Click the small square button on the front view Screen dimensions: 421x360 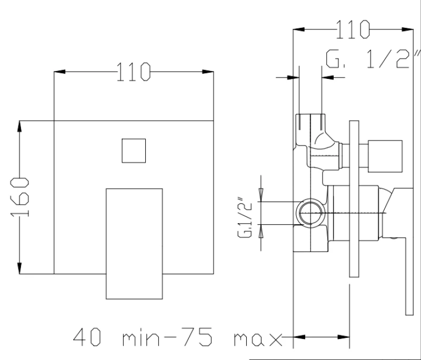click(x=134, y=151)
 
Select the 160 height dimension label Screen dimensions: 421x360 click(x=19, y=197)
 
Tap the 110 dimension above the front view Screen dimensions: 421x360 click(x=134, y=72)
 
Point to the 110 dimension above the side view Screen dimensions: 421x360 click(x=353, y=29)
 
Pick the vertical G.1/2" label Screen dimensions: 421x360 click(x=244, y=218)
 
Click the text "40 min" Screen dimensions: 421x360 click(x=116, y=337)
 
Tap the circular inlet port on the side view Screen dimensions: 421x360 click(x=310, y=213)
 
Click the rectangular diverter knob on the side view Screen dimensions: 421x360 click(x=385, y=156)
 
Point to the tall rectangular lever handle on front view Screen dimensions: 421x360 click(x=134, y=244)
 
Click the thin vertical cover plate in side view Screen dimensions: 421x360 click(x=354, y=199)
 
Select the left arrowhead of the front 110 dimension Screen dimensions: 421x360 click(x=59, y=72)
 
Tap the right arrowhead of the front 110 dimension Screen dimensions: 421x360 click(x=208, y=72)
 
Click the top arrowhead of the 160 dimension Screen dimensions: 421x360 click(x=19, y=126)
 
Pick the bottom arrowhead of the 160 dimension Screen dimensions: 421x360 click(x=19, y=268)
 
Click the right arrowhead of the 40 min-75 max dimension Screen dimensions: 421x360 click(x=344, y=337)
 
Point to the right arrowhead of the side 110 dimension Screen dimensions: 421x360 click(x=407, y=29)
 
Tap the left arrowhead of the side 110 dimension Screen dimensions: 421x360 click(x=299, y=29)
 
